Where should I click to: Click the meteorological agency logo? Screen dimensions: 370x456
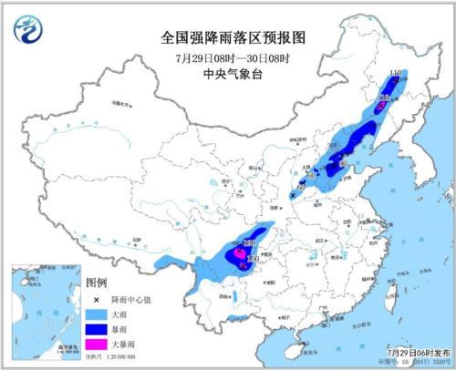point(29,29)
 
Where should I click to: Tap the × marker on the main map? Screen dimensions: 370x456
point(293,195)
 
